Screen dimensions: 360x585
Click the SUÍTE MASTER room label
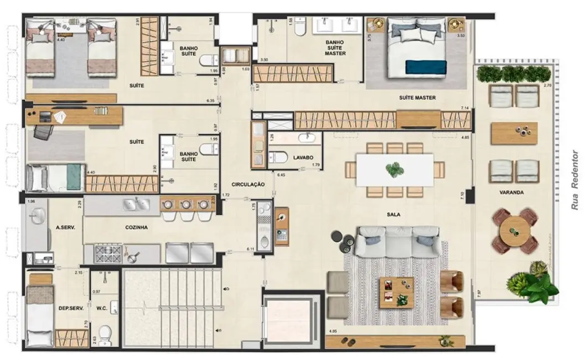417,97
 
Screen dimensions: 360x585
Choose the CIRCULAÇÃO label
248,184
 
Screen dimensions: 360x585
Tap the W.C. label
101,308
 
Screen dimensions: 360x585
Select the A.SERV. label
65,227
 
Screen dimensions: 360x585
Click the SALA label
394,214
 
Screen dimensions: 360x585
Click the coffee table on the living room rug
396,291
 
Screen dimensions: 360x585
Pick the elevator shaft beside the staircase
291,321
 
